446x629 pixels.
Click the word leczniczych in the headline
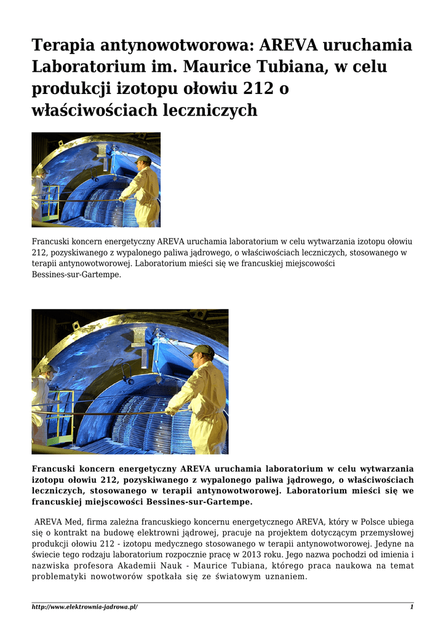click(x=210, y=111)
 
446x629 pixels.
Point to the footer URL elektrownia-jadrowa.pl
click(x=85, y=607)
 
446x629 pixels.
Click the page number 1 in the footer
click(x=412, y=607)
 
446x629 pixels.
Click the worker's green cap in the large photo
click(x=201, y=351)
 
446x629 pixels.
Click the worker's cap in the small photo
click(x=143, y=160)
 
